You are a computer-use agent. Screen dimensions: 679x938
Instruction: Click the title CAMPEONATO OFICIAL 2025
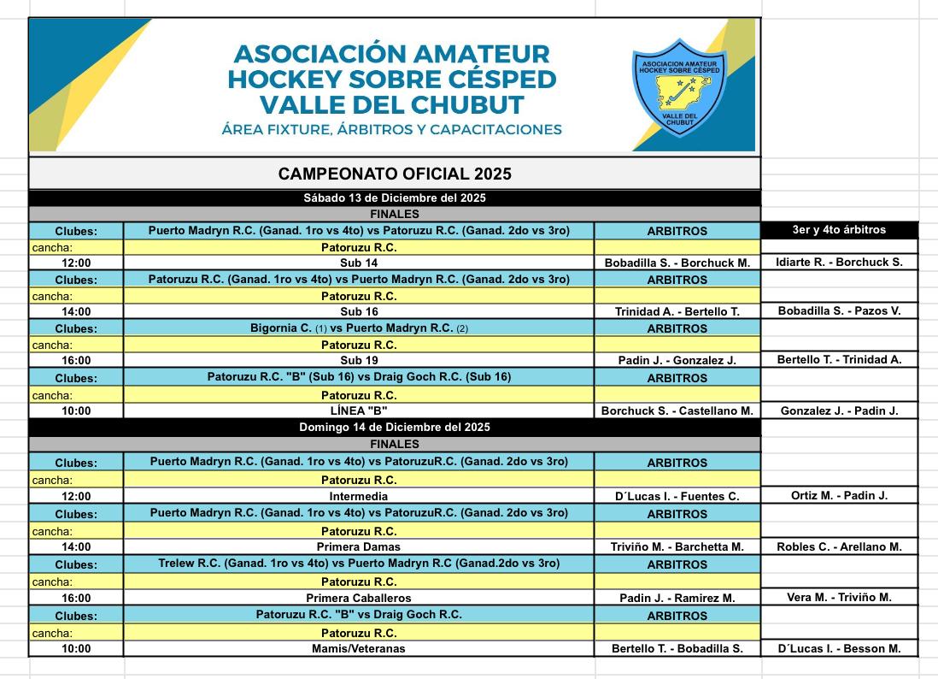pos(395,174)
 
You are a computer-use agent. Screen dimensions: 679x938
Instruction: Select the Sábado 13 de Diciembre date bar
pos(395,198)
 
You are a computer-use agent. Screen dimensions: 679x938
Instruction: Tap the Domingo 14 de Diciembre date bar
pos(395,427)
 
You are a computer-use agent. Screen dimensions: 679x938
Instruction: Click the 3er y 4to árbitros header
pos(839,230)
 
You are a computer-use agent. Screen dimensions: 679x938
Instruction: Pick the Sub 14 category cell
pos(359,263)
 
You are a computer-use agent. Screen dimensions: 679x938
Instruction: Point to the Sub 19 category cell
pos(359,361)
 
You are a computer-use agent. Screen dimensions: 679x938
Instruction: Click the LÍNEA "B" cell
pos(359,410)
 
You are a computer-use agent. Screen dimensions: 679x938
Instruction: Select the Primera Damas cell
pos(359,546)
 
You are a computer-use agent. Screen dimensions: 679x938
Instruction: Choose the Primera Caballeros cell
pos(359,598)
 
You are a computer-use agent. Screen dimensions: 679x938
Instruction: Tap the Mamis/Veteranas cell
pos(359,648)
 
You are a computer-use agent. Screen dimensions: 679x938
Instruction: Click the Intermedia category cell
pos(359,496)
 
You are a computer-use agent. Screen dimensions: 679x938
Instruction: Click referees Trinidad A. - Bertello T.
pos(677,312)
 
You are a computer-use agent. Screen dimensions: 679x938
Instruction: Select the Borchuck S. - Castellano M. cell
pos(677,410)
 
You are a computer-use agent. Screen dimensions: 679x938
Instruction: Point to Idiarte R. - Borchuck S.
pos(839,263)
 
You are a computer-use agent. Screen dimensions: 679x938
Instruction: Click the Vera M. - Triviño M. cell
pos(839,598)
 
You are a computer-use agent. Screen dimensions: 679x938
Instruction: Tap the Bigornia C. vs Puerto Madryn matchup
pos(359,328)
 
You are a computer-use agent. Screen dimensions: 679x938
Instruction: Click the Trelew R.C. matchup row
pos(359,564)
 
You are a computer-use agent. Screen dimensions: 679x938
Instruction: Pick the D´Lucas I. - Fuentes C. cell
pos(677,496)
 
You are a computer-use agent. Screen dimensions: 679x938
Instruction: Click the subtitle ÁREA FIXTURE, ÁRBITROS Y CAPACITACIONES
pos(391,130)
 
